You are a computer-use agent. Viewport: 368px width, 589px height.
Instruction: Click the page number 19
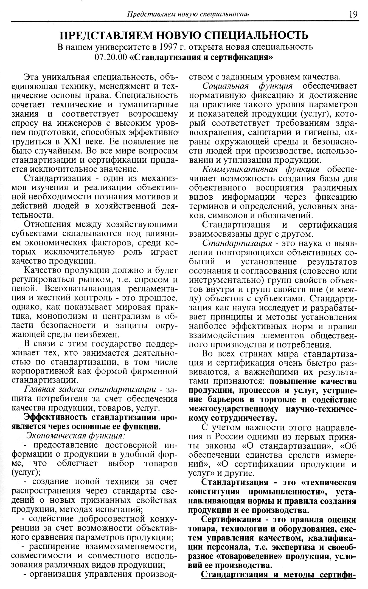click(353, 14)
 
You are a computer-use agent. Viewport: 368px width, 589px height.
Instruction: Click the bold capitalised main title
click(184, 35)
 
